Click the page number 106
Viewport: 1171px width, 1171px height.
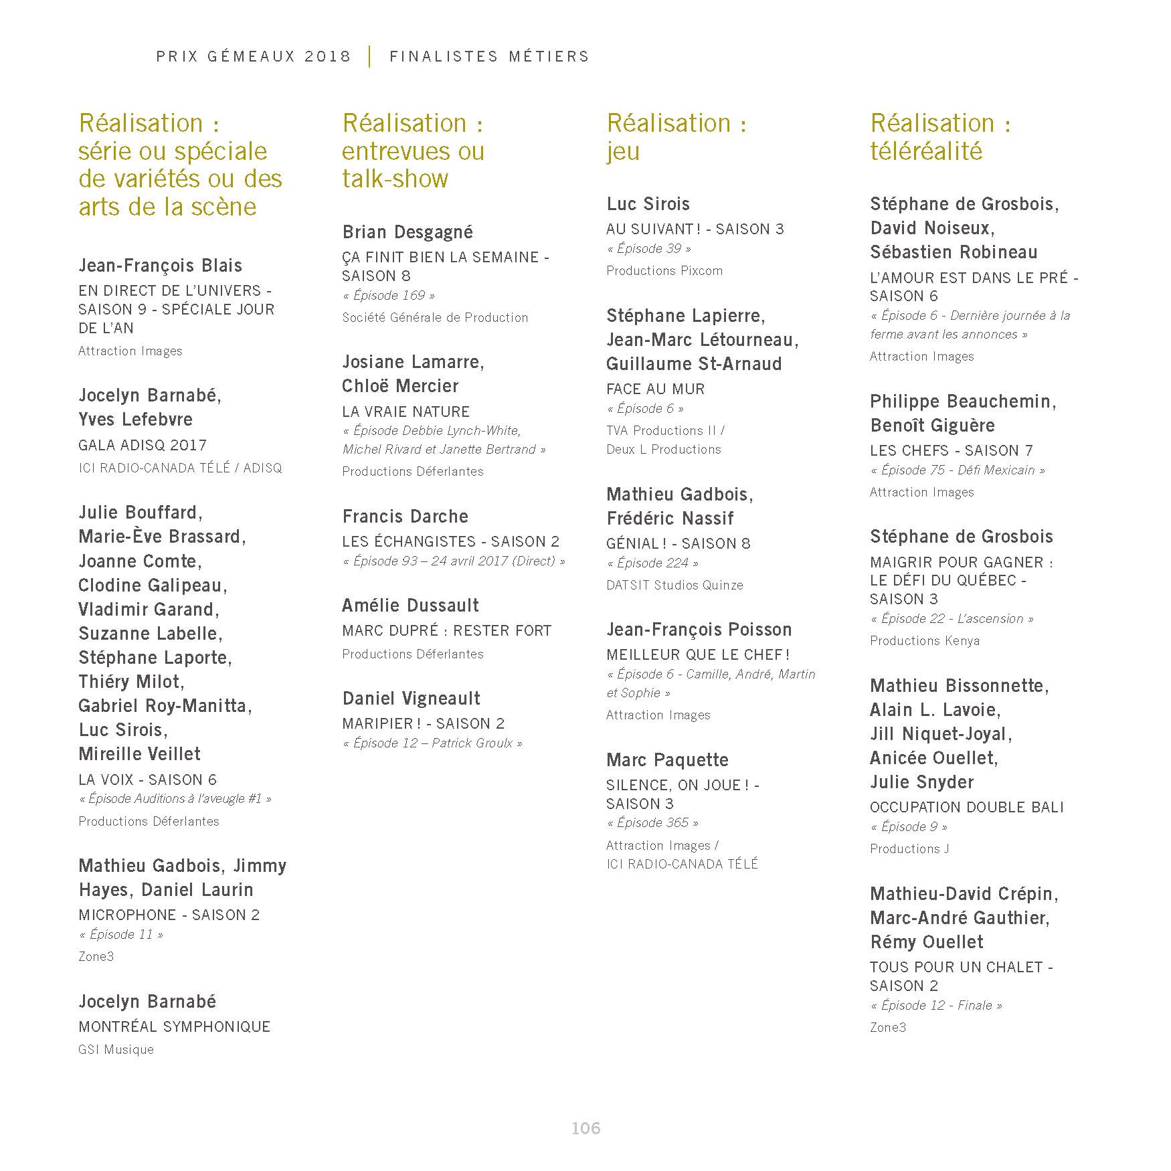pos(585,1128)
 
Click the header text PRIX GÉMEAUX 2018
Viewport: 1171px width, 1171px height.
pos(254,56)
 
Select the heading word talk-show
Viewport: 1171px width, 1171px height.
pos(395,179)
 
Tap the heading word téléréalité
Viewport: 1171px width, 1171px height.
pos(926,151)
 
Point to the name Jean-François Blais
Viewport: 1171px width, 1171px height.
pos(160,266)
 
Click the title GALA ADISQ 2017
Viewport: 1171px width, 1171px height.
pos(143,445)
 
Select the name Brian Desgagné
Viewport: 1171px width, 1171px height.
pos(408,232)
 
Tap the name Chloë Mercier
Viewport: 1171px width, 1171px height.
pos(400,386)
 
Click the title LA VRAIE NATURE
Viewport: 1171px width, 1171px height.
pos(406,412)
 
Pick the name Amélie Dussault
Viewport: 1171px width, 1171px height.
pos(410,606)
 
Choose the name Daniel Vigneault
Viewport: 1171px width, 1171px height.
pos(411,699)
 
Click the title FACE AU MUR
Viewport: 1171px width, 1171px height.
pos(655,389)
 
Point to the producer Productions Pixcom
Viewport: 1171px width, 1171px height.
pos(664,271)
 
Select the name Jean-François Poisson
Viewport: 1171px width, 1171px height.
pos(699,630)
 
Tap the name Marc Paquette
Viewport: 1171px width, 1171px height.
pos(667,760)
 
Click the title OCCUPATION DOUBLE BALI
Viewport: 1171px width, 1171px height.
pos(966,808)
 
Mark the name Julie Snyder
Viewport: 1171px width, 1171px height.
pos(921,782)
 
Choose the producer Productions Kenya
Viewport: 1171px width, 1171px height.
pos(925,640)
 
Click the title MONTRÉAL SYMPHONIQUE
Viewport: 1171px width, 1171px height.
pos(174,1026)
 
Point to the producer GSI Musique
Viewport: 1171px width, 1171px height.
pos(116,1049)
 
